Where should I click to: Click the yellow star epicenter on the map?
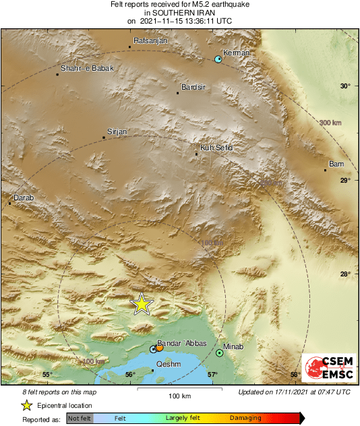[x=142, y=304]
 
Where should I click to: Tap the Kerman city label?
[x=237, y=53]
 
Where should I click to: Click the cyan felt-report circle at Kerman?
[x=218, y=60]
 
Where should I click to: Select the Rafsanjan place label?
[x=150, y=41]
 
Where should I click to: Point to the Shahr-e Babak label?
[x=87, y=68]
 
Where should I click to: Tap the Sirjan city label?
[x=117, y=131]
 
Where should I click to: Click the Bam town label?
[x=336, y=164]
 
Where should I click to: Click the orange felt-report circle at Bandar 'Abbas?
[x=160, y=348]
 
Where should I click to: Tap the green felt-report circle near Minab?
[x=220, y=353]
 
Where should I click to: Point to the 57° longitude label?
[x=212, y=374]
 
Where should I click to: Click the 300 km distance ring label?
[x=330, y=122]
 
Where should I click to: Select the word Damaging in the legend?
[x=245, y=418]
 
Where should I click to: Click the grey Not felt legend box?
[x=80, y=419]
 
